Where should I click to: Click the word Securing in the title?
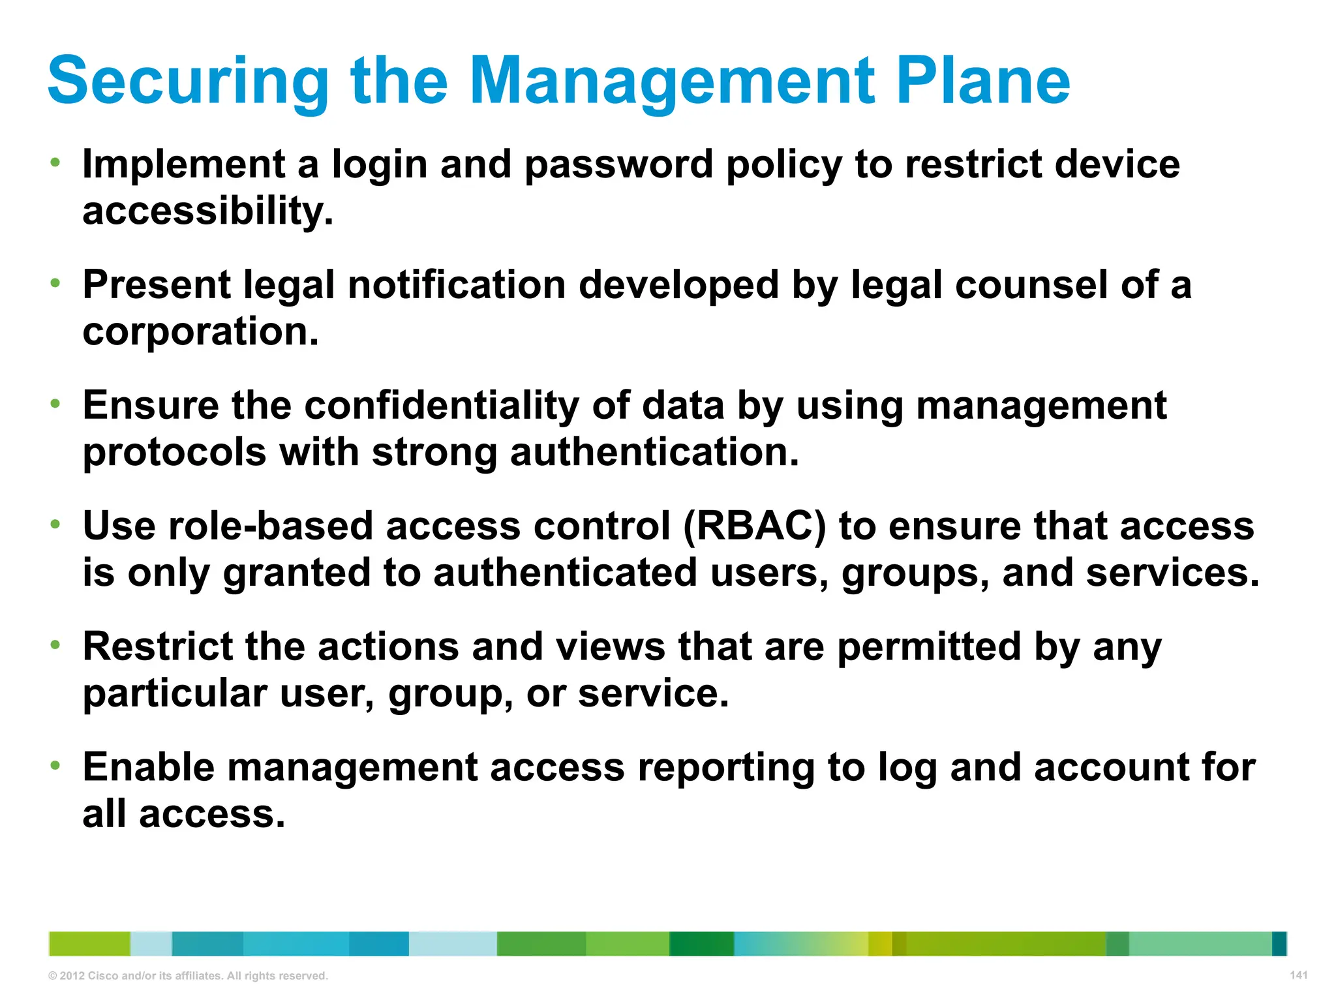[188, 82]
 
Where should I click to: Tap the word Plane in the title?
[983, 82]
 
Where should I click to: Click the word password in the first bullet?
[618, 164]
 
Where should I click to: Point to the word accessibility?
[207, 211]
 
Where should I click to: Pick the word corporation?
[200, 331]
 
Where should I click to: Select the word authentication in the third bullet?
[654, 452]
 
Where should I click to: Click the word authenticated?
[565, 573]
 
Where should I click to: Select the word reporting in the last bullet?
[726, 767]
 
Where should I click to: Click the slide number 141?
[1298, 975]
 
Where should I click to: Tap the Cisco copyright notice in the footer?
[188, 976]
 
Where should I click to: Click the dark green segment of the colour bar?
[701, 944]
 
